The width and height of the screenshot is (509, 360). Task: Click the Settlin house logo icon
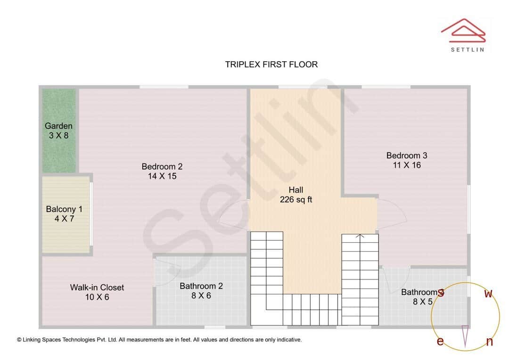tap(463, 30)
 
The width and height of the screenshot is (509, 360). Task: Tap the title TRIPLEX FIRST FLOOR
tap(271, 65)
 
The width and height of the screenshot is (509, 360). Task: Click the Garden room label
tap(58, 126)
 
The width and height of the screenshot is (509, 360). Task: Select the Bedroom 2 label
tap(162, 166)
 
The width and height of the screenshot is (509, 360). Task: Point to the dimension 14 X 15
tap(162, 176)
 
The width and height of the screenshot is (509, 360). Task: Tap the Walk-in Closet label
tap(97, 287)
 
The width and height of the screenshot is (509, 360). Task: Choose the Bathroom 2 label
tap(201, 286)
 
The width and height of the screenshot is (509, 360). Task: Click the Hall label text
tap(296, 190)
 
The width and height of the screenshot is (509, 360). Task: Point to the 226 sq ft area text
tap(296, 200)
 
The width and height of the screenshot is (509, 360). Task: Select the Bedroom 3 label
tap(407, 155)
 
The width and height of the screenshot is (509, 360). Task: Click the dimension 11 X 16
tap(407, 165)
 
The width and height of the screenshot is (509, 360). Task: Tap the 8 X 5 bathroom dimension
tap(423, 302)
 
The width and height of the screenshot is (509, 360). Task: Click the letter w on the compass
tap(489, 294)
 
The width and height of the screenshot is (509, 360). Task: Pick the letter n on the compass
tap(490, 342)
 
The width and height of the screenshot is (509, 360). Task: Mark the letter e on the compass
tap(440, 342)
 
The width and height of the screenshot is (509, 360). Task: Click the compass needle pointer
tap(465, 336)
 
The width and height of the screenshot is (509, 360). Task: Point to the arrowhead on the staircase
tap(360, 236)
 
